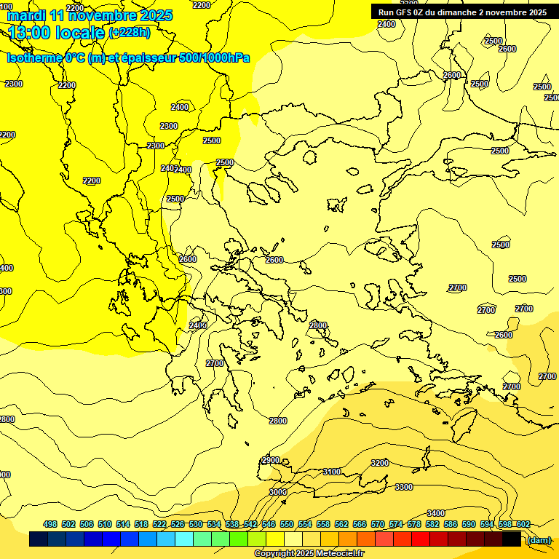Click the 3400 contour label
pyautogui.click(x=436, y=514)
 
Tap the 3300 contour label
pyautogui.click(x=404, y=487)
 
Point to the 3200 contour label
pyautogui.click(x=380, y=463)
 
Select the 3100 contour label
pyautogui.click(x=332, y=472)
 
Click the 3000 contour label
pyautogui.click(x=278, y=492)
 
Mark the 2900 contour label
pyautogui.click(x=271, y=460)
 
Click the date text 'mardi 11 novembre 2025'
pyautogui.click(x=90, y=15)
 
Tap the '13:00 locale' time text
pyautogui.click(x=57, y=33)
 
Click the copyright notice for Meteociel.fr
pyautogui.click(x=309, y=554)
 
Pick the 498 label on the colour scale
pyautogui.click(x=50, y=524)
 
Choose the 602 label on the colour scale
pyautogui.click(x=523, y=524)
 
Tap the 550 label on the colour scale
pyautogui.click(x=287, y=524)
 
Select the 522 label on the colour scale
pyautogui.click(x=159, y=524)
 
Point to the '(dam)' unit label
pyautogui.click(x=538, y=540)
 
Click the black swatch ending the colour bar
pyautogui.click(x=512, y=539)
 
